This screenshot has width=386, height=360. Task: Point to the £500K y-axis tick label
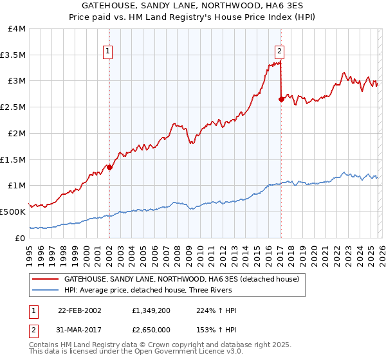pos(13,212)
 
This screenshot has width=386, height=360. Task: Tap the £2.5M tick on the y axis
pos(13,107)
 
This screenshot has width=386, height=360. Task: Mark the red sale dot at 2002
pos(109,167)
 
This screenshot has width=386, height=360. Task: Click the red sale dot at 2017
pos(281,99)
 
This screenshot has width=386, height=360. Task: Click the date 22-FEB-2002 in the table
pos(78,310)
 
